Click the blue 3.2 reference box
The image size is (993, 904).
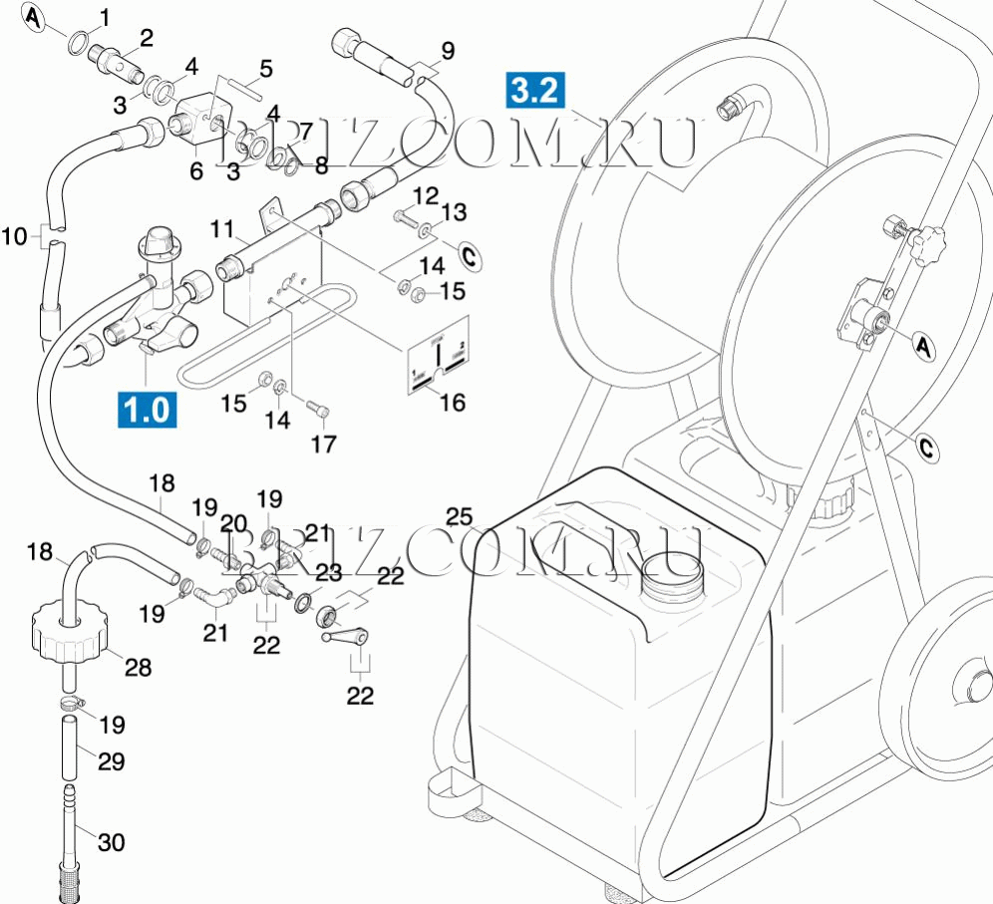pos(535,90)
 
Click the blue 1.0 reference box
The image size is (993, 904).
pos(148,410)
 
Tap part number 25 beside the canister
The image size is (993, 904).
pos(459,516)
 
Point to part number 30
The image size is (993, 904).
pos(111,842)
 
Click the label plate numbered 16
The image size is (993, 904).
pos(439,364)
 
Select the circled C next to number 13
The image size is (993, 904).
pos(471,256)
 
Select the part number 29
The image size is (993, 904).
pos(111,761)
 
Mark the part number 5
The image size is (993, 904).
pos(265,69)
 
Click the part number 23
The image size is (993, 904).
pos(330,573)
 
